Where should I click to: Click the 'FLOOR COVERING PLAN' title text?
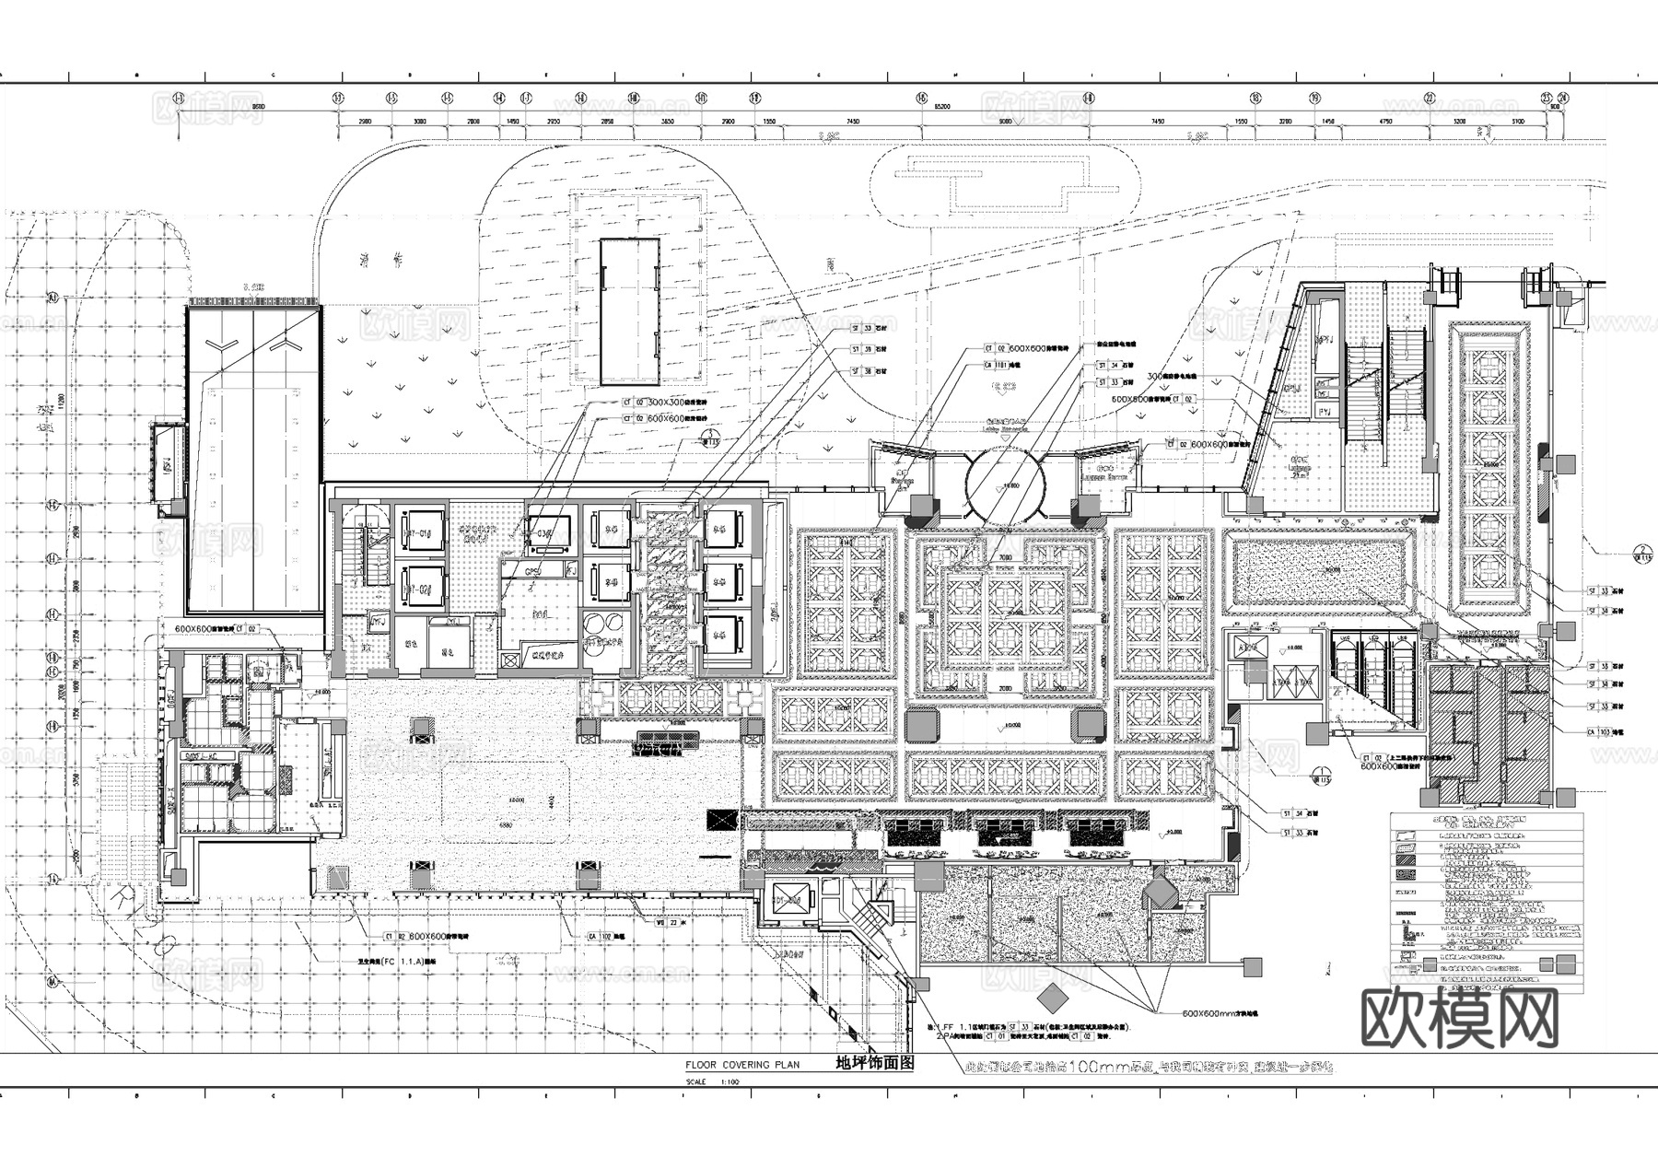pos(741,1064)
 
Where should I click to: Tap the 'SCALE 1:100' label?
pos(710,1082)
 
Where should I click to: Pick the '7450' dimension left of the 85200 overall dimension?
pos(853,121)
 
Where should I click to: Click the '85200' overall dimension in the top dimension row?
pos(941,108)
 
